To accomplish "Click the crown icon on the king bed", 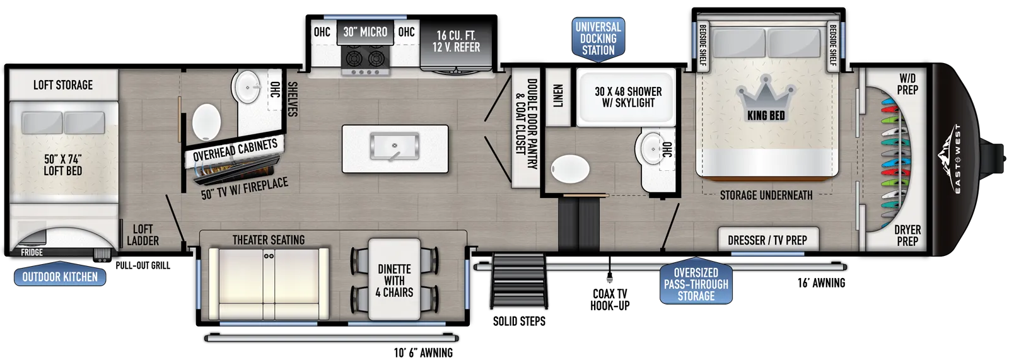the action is point(766,94).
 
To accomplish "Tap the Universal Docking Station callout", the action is point(598,40).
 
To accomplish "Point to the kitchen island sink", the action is point(394,146).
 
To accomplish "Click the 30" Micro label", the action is point(365,32).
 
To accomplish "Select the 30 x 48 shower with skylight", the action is point(627,97).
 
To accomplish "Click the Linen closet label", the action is point(558,96).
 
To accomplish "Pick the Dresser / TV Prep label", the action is point(767,240).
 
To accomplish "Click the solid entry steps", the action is point(519,282).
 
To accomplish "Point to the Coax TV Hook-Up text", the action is point(610,299).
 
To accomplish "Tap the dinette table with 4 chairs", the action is point(394,279).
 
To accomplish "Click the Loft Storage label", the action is point(63,84).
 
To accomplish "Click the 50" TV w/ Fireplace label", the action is point(245,189).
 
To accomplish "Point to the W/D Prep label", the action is point(907,84).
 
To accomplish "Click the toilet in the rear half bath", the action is point(207,122).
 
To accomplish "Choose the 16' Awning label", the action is point(821,282).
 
